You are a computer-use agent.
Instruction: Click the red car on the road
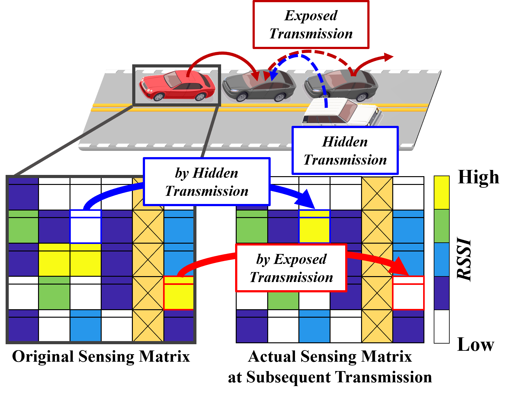click(177, 86)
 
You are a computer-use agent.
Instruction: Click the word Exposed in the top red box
click(311, 16)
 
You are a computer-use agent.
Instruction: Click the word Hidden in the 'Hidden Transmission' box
click(345, 142)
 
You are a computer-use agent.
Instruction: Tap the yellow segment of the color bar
click(442, 192)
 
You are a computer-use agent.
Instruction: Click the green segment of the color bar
click(442, 226)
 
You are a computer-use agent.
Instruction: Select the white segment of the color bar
click(442, 326)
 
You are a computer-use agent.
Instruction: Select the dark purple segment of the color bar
click(442, 293)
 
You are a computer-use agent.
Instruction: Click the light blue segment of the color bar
click(442, 260)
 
